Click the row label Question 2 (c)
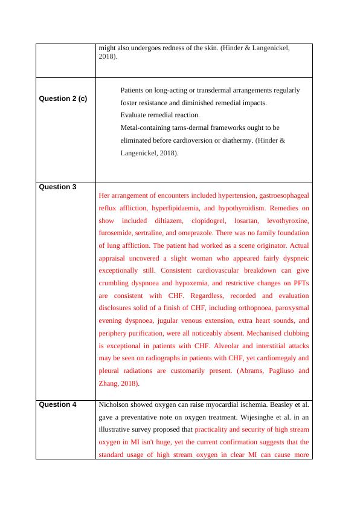63,99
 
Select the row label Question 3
57,187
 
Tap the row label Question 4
57,405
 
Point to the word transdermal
214,90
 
